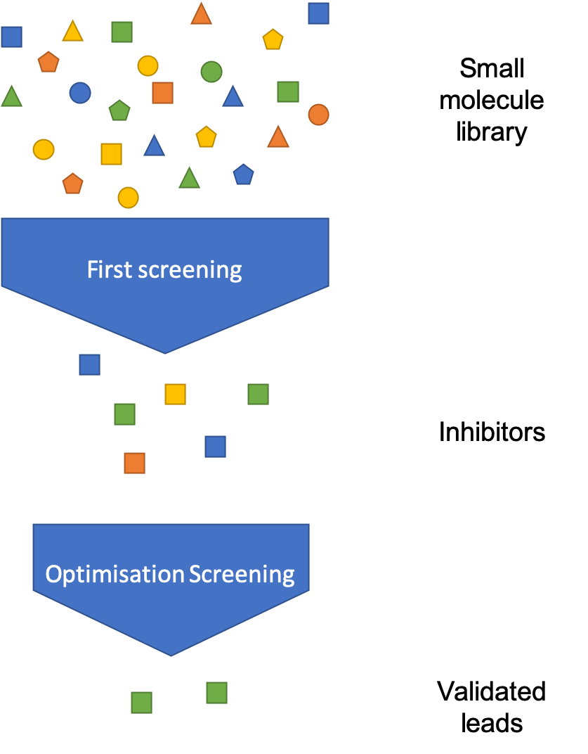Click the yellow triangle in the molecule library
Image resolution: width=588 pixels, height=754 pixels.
click(x=73, y=32)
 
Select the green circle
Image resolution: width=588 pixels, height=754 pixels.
click(x=211, y=72)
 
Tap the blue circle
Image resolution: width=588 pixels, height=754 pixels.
click(x=80, y=93)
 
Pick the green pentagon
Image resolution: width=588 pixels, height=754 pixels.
click(x=119, y=110)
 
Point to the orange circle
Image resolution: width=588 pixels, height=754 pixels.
click(x=318, y=115)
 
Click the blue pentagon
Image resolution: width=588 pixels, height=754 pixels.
click(x=244, y=174)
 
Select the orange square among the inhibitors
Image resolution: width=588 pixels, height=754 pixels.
click(x=134, y=463)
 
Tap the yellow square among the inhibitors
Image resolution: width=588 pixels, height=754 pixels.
click(x=176, y=395)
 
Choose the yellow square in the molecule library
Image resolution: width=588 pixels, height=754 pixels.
click(x=112, y=154)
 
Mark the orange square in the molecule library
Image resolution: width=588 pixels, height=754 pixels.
click(x=163, y=93)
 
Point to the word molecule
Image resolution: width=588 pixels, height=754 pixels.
click(x=492, y=100)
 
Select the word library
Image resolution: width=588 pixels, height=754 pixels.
click(x=492, y=132)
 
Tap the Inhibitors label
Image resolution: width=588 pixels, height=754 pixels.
click(x=492, y=432)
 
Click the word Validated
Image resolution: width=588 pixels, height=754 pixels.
click(x=492, y=691)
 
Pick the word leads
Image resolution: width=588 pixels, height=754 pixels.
click(x=492, y=723)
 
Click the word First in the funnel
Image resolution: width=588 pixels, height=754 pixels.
click(x=110, y=269)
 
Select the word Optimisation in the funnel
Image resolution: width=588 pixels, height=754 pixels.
click(x=115, y=574)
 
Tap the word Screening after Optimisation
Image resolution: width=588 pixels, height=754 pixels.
click(x=242, y=574)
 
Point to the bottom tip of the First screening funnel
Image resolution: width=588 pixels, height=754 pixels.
click(x=165, y=353)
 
